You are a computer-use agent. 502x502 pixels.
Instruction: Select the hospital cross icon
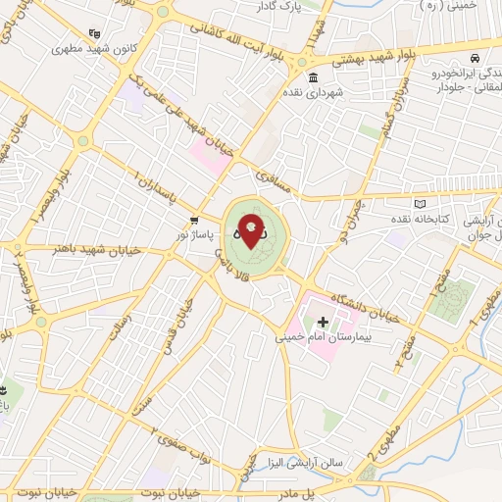pos(323,322)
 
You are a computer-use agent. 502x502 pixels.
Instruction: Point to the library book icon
pos(422,203)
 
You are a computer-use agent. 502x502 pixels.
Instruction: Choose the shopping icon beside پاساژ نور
pos(194,220)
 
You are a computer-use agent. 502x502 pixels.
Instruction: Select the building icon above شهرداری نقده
pos(312,77)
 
